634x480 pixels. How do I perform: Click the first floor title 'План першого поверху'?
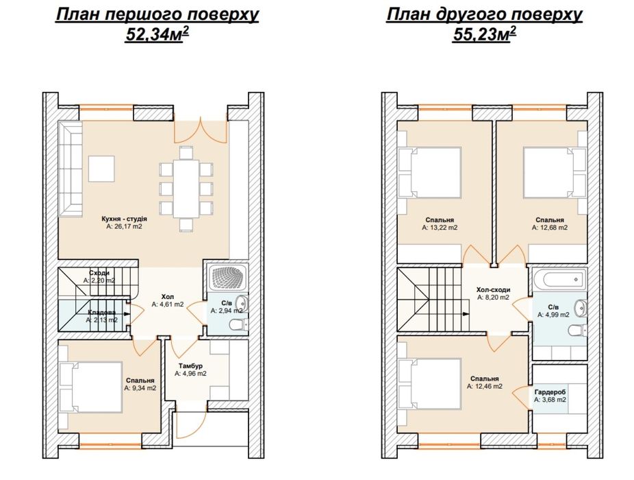click(x=157, y=15)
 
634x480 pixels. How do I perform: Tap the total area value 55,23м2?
click(x=483, y=35)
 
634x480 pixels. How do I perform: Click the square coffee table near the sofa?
click(x=101, y=169)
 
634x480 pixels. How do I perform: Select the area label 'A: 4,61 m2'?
click(x=168, y=304)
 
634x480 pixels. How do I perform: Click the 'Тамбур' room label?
click(x=190, y=366)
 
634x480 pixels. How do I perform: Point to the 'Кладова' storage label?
click(x=101, y=312)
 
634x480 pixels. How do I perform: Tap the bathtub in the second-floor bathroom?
click(x=559, y=280)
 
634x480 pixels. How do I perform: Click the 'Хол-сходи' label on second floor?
click(x=493, y=289)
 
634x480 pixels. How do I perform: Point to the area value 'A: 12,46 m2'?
click(x=485, y=387)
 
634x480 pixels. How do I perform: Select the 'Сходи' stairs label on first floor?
click(x=99, y=273)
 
